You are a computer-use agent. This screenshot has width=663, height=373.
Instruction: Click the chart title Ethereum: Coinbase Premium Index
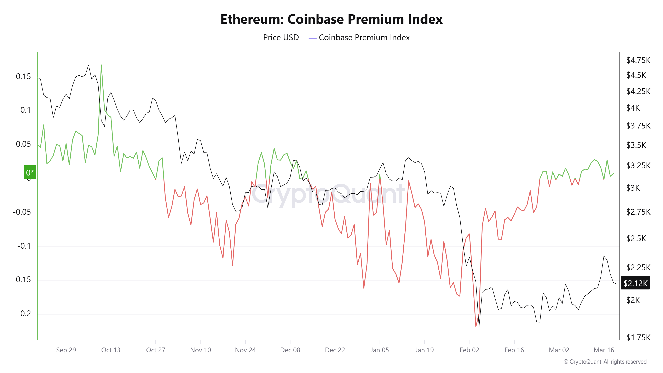331,19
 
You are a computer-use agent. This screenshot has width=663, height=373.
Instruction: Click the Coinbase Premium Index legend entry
359,38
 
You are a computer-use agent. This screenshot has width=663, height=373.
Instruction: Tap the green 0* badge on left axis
30,172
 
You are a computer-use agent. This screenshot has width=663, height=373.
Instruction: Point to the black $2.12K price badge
635,283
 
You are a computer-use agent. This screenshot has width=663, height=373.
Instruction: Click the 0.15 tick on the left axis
23,76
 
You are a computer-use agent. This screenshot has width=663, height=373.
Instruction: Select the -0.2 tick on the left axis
24,314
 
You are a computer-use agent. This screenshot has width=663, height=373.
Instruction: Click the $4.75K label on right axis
638,60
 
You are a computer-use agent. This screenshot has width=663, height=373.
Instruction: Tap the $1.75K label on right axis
638,337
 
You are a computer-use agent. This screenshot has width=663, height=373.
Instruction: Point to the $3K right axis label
633,188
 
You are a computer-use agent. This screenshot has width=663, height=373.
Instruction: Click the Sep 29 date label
66,350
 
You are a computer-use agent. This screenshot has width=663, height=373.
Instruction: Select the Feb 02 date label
469,350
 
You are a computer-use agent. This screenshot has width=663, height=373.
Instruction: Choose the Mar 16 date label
604,350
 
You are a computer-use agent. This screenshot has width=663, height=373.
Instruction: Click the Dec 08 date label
290,350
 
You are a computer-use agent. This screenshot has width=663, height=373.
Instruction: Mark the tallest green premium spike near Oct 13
101,65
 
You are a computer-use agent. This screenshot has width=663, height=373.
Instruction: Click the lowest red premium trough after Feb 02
476,326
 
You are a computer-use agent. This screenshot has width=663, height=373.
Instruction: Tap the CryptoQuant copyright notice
605,362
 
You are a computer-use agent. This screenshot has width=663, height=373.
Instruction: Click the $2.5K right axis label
636,238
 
